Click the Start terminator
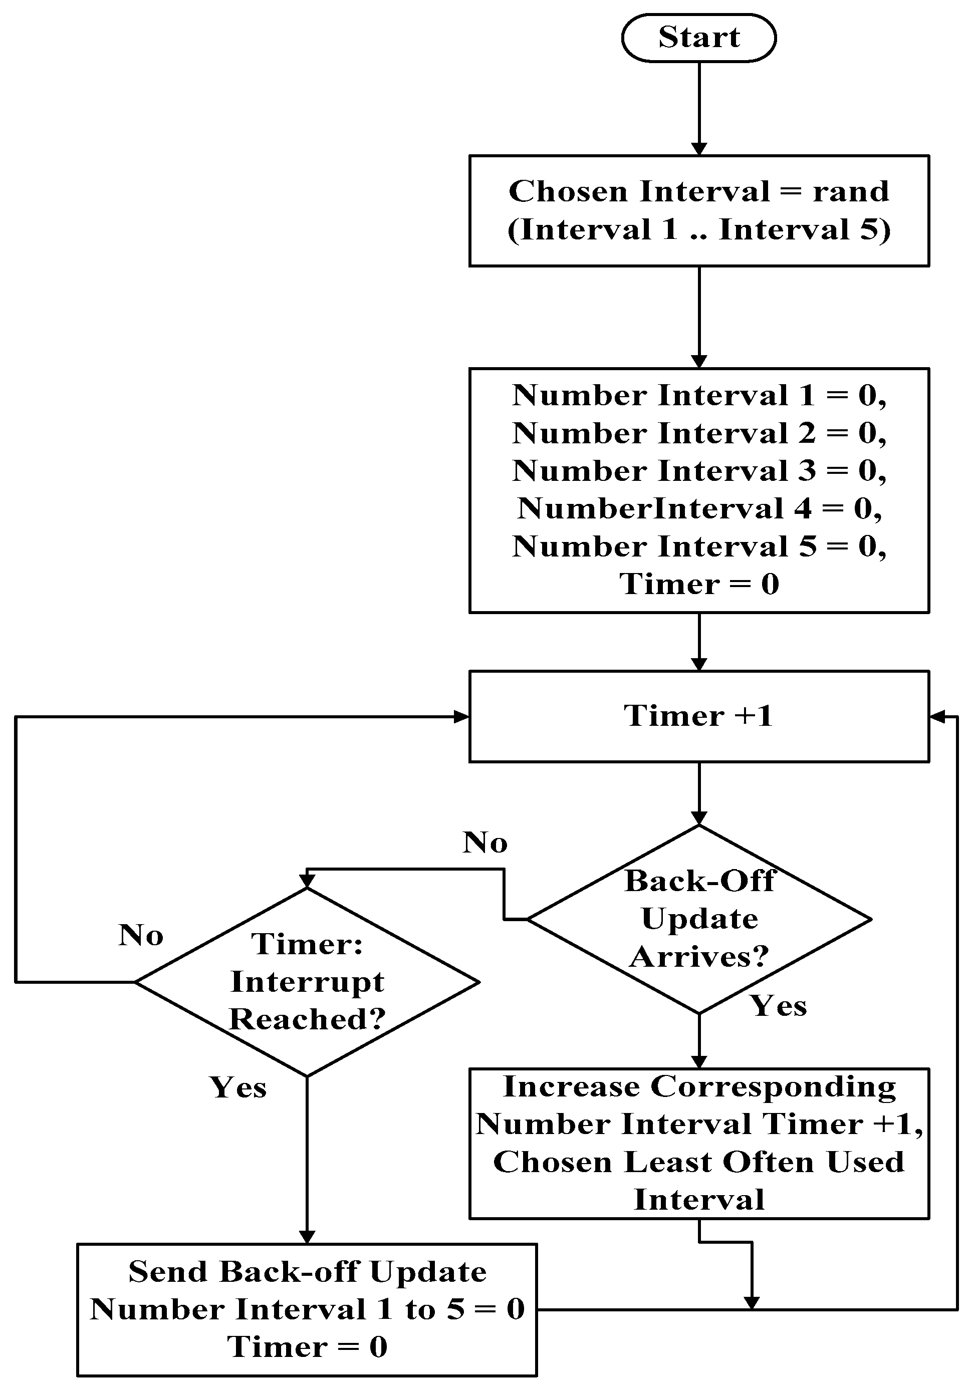point(698,38)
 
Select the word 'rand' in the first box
point(851,191)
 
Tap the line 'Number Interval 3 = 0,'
point(698,471)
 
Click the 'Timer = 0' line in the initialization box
point(698,584)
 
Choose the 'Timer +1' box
point(698,716)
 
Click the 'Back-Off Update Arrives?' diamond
point(698,919)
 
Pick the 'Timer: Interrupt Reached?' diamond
point(307,981)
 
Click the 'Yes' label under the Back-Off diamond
point(779,1006)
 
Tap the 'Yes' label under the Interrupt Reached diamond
point(237,1087)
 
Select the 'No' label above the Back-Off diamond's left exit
point(484,843)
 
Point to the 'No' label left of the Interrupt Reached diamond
point(141,935)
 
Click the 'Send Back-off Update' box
point(307,1309)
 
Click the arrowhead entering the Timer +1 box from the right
point(936,717)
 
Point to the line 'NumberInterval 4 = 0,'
point(698,508)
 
